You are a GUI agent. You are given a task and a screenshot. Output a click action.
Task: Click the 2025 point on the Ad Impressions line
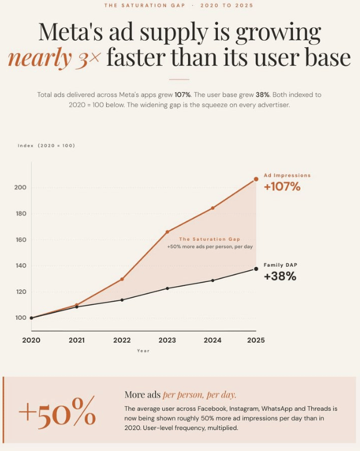click(256, 179)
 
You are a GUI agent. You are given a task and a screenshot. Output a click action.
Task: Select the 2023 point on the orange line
click(167, 231)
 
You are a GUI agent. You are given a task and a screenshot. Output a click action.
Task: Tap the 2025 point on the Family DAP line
click(256, 269)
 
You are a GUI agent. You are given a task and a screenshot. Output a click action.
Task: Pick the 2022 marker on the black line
click(122, 300)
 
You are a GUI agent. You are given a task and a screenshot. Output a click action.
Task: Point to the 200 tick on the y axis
click(20, 187)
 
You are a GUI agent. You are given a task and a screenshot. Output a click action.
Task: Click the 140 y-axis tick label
click(21, 266)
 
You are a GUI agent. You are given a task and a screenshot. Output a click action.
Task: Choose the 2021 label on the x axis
click(76, 340)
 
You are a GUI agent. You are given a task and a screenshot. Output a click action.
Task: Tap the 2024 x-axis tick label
click(213, 340)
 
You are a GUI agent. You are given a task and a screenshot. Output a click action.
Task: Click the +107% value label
click(282, 186)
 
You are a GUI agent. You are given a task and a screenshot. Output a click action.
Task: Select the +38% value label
click(280, 276)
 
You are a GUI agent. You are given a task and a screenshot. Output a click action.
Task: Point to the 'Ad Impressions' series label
click(287, 175)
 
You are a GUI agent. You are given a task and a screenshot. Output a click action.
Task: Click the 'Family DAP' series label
click(280, 265)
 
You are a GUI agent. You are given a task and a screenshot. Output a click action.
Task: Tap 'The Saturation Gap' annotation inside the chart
click(209, 239)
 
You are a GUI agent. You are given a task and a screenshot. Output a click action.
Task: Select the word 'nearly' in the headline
click(40, 58)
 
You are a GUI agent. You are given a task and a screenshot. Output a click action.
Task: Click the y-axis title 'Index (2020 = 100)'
click(46, 146)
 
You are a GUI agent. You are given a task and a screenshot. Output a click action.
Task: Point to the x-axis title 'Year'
click(143, 351)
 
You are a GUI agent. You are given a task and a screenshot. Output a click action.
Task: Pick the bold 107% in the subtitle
click(182, 94)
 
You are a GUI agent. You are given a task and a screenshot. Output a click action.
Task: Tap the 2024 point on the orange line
click(213, 208)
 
